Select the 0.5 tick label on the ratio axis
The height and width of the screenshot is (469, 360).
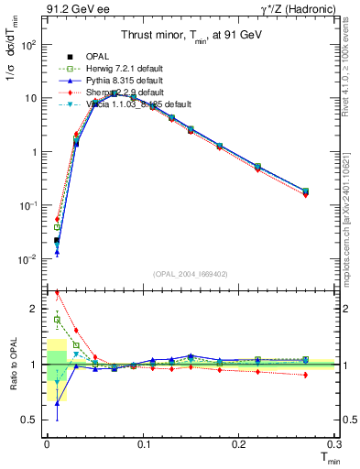(32, 420)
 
